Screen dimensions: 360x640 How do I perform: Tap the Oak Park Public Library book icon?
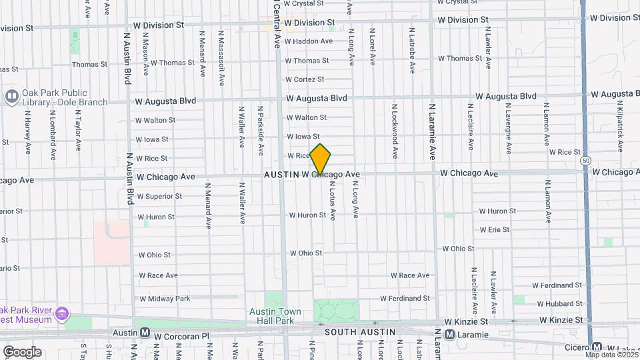11,97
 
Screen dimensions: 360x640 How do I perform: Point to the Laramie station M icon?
449,334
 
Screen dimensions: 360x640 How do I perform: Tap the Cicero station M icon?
597,347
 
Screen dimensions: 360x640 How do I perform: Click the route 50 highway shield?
585,161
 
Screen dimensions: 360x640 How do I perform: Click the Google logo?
22,351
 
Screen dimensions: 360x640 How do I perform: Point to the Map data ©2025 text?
612,354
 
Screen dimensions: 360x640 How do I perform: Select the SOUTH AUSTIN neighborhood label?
359,331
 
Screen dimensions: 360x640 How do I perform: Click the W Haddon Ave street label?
309,41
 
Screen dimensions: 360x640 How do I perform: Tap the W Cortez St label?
305,79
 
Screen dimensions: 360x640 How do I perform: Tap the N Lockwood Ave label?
395,131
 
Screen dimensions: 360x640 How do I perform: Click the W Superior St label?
159,197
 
